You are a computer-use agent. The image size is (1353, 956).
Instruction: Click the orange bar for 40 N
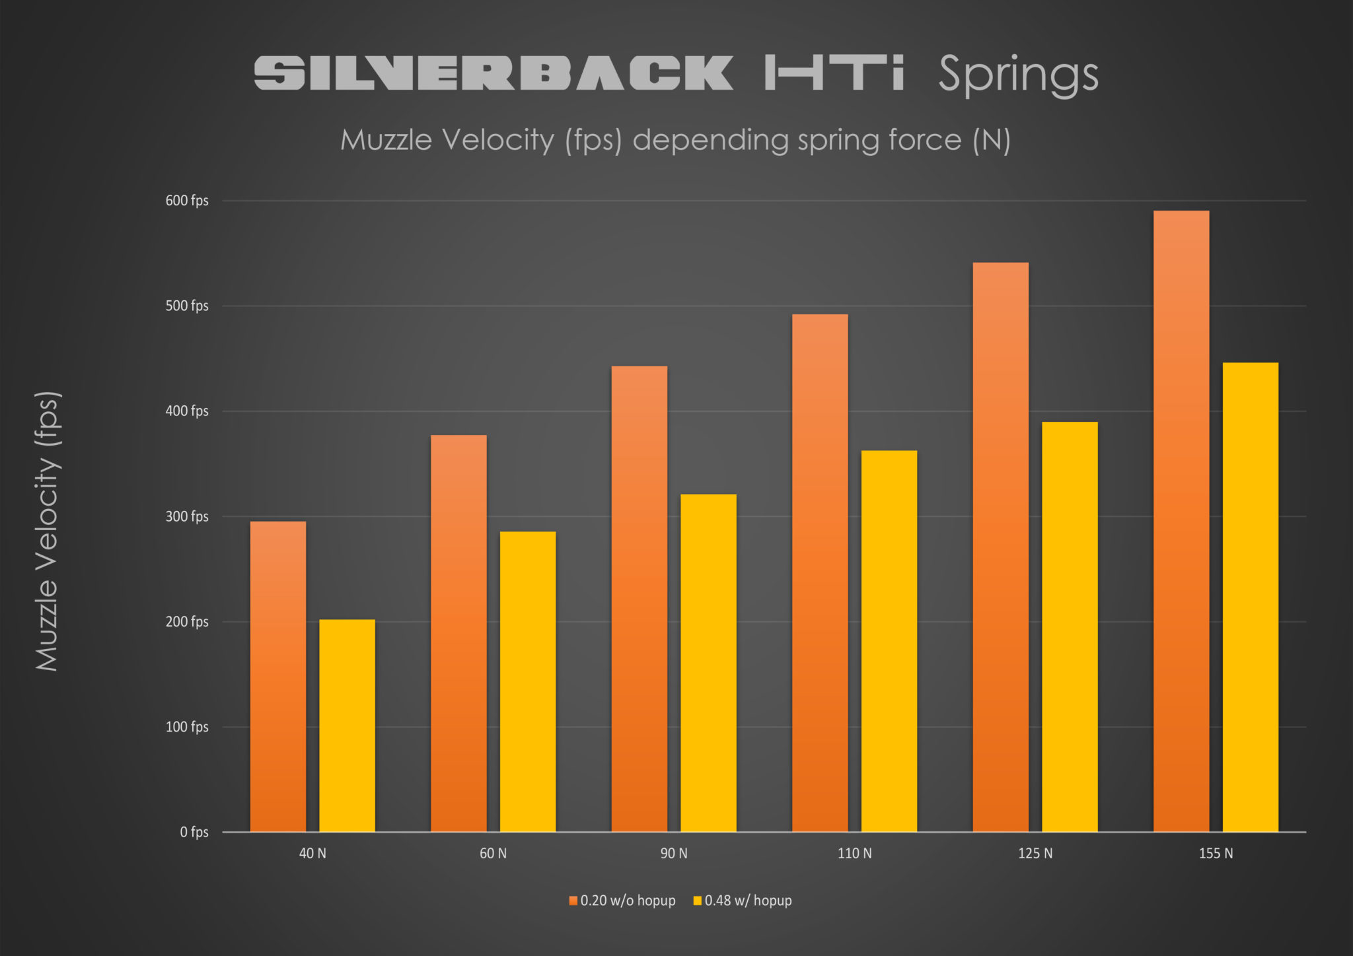click(x=278, y=677)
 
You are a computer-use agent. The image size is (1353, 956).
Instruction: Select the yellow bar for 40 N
click(x=347, y=726)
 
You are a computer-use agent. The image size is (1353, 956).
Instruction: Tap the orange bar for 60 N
click(x=458, y=634)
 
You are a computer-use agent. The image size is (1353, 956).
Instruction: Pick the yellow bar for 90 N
click(x=708, y=664)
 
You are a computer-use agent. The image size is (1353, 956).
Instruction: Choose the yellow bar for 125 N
click(x=1070, y=627)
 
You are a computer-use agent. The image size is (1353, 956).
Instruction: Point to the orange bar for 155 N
click(x=1181, y=522)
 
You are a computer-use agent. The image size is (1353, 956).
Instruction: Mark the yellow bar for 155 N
click(x=1250, y=597)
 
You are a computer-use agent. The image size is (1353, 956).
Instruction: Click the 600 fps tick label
click(x=187, y=201)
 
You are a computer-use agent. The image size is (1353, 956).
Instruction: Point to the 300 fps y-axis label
click(x=187, y=516)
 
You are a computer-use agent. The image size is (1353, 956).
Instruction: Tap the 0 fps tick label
click(x=194, y=832)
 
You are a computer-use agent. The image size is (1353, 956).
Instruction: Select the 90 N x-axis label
click(x=674, y=853)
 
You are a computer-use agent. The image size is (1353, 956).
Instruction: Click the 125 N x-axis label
click(x=1035, y=853)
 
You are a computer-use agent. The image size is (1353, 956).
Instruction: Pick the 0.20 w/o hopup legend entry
click(x=622, y=901)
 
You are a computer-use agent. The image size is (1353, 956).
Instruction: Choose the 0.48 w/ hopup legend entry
click(x=743, y=901)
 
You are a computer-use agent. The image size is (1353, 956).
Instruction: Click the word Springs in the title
click(x=1018, y=74)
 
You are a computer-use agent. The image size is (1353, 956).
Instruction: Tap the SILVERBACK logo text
click(x=494, y=73)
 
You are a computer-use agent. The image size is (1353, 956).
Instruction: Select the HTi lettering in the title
click(x=834, y=73)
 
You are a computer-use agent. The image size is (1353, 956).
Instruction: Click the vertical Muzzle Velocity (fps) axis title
click(x=48, y=531)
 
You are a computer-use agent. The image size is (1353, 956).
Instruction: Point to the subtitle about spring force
click(x=675, y=140)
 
